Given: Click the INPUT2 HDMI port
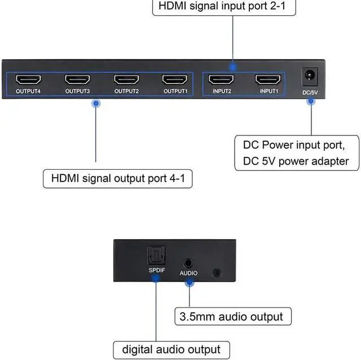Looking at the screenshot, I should click(222, 80).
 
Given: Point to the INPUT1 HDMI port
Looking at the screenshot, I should click(268, 80).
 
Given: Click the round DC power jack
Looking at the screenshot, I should click(310, 75).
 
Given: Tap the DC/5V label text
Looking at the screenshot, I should click(310, 92).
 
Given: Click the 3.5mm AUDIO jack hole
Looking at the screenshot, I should click(188, 262).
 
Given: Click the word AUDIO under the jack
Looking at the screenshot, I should click(188, 273).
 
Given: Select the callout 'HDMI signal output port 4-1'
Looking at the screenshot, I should click(118, 179).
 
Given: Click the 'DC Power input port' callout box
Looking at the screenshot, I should click(296, 152).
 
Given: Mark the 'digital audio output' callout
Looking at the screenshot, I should click(167, 349).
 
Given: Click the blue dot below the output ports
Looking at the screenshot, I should click(96, 103).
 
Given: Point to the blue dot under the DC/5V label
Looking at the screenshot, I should click(310, 101).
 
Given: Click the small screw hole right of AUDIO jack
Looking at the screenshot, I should click(215, 273).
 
